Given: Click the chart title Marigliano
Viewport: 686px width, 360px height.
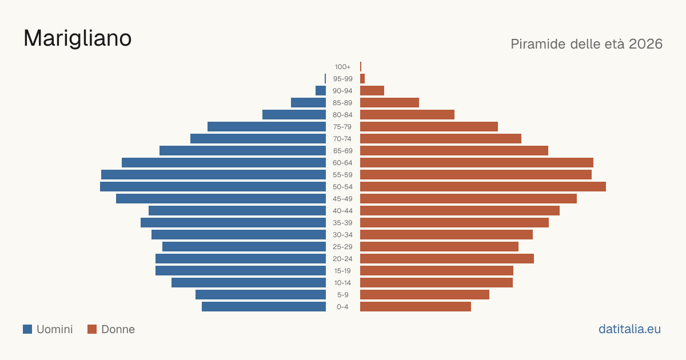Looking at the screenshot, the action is [78, 39].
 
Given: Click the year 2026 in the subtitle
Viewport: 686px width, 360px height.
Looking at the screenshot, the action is [645, 44].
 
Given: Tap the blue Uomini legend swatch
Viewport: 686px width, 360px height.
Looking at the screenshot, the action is [27, 329].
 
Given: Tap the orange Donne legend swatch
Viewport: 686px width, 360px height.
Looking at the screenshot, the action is [92, 329].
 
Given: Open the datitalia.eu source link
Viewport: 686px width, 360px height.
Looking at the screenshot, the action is [629, 329].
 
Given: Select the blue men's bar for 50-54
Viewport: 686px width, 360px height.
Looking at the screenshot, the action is [213, 187].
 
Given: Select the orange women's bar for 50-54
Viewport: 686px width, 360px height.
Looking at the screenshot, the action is [483, 187].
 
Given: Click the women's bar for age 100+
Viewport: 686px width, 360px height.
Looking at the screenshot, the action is [361, 67].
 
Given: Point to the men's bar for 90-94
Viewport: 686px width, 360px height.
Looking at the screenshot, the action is [321, 91].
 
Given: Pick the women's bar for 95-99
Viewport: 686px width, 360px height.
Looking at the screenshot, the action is [362, 79].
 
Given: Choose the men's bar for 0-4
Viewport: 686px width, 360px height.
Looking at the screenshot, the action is [264, 307].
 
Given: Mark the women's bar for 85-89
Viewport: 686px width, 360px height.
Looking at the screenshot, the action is [389, 102].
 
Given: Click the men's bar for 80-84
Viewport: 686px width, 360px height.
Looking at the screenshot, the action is [294, 115].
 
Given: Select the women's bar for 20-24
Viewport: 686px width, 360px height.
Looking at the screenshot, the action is [447, 259].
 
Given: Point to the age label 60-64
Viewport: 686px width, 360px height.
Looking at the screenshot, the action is [342, 163].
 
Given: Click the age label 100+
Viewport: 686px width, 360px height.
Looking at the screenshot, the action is [342, 67].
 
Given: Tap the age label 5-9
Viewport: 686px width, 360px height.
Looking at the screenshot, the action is [342, 295].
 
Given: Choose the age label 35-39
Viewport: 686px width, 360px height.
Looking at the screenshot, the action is [342, 223].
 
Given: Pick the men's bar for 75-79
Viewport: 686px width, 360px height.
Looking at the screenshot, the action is [267, 127].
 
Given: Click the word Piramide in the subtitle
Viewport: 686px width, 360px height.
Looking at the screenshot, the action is [538, 44].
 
